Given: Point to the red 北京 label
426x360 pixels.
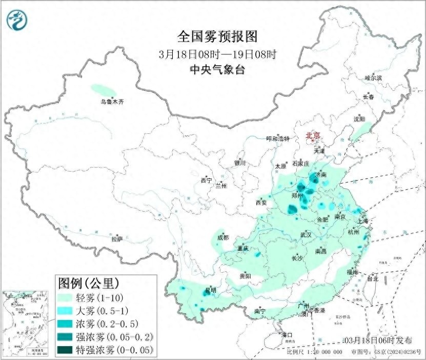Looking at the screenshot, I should point(313,135).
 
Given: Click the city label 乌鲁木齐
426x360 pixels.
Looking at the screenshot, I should point(112,102).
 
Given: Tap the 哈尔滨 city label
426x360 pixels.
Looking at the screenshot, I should point(373,78).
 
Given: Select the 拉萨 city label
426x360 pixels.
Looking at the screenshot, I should point(117,238).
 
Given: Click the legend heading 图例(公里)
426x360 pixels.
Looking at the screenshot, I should point(88,283).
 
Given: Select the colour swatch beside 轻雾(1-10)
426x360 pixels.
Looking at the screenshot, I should point(67,297).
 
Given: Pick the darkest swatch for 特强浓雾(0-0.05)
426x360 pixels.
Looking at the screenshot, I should point(67,350).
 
